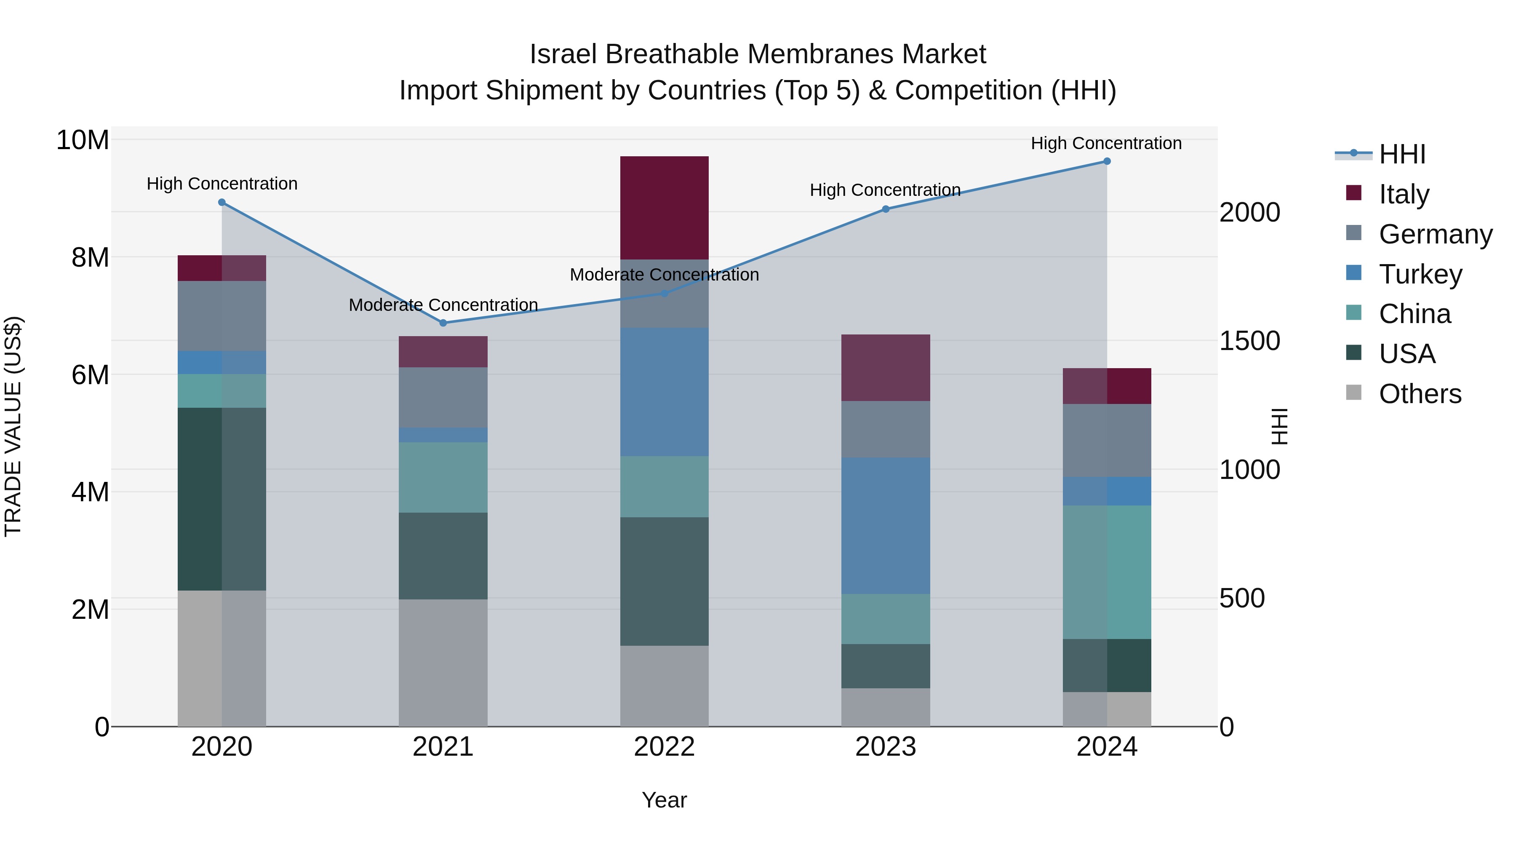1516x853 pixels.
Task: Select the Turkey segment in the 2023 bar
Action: pyautogui.click(x=885, y=525)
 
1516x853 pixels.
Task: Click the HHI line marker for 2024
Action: pyautogui.click(x=1106, y=161)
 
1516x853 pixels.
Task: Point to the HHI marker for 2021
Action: pyautogui.click(x=443, y=323)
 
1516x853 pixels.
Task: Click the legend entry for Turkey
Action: pyautogui.click(x=1420, y=274)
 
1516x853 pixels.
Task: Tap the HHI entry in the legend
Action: pyautogui.click(x=1402, y=154)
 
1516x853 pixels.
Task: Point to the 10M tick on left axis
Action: pyautogui.click(x=83, y=140)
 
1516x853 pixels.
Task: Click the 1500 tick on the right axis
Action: pyautogui.click(x=1249, y=341)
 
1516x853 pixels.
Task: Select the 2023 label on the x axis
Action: pyautogui.click(x=885, y=747)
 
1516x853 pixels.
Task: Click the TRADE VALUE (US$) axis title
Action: pyautogui.click(x=13, y=426)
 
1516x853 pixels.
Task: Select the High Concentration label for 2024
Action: pyautogui.click(x=1106, y=143)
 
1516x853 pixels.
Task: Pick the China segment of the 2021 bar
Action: pyautogui.click(x=443, y=477)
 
